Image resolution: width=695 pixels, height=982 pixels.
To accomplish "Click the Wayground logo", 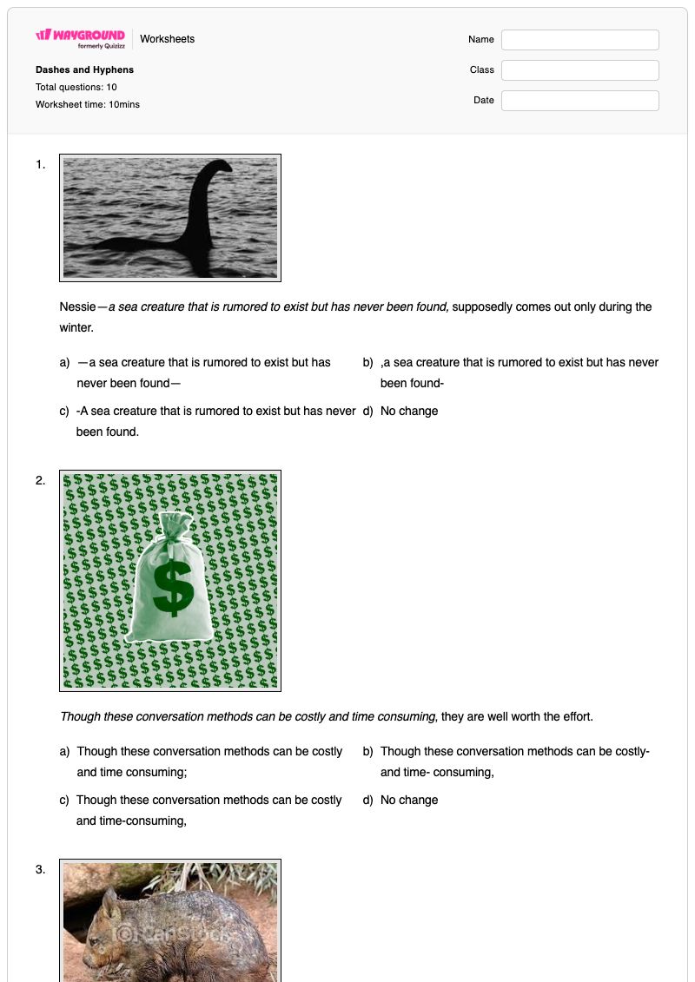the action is [80, 38].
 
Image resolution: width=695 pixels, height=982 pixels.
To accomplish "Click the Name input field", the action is [579, 39].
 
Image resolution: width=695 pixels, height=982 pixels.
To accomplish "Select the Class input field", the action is [579, 70].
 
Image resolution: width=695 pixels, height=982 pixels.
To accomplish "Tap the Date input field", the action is [579, 100].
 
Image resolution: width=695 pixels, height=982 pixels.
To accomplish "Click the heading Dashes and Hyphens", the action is [84, 69].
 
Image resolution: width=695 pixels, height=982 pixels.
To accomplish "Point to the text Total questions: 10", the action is [76, 87].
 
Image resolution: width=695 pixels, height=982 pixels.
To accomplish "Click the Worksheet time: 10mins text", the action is [88, 104].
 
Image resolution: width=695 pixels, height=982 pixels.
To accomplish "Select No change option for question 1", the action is [409, 411].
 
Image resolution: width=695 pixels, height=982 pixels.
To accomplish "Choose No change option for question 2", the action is [409, 800].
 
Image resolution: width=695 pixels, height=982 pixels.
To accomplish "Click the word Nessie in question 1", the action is [77, 306].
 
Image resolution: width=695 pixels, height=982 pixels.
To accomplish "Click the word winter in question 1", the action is [76, 327].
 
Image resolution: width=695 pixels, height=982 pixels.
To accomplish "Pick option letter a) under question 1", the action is [64, 363].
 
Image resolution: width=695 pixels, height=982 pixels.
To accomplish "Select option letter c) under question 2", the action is [64, 800].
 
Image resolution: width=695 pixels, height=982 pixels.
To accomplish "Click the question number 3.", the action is [40, 869].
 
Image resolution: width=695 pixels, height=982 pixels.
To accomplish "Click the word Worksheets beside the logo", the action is [168, 39].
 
